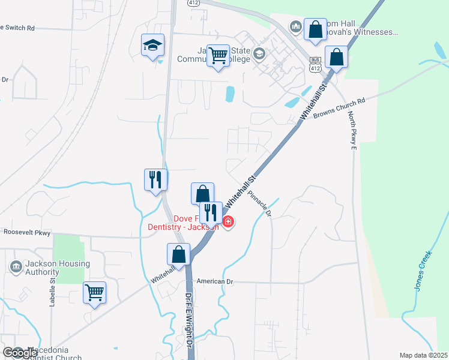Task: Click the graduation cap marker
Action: click(x=153, y=46)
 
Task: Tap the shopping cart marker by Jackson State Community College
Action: click(x=218, y=56)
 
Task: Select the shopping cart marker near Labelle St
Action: click(x=94, y=293)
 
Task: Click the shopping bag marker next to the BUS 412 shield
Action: click(x=337, y=58)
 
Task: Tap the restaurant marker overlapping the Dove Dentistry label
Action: click(x=211, y=213)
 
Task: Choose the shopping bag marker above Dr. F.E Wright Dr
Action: click(x=179, y=254)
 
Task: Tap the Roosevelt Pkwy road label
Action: click(x=27, y=232)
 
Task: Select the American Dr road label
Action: click(x=214, y=281)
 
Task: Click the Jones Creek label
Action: click(x=423, y=271)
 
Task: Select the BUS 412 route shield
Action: click(x=315, y=65)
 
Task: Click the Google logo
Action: click(x=20, y=353)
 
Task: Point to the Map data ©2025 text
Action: click(x=423, y=355)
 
